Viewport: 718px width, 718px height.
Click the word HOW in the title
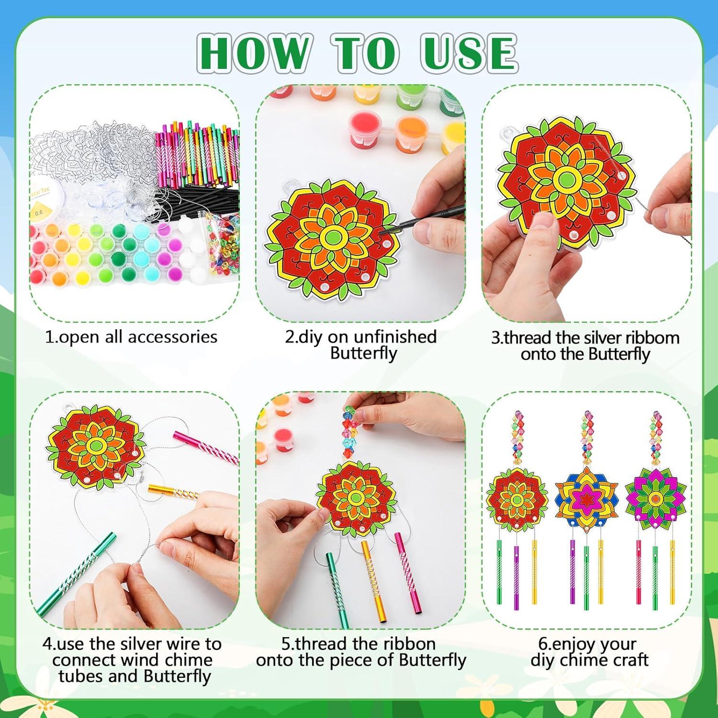(253, 53)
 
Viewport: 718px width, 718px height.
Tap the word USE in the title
(469, 53)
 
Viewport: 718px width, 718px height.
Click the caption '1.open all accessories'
(131, 337)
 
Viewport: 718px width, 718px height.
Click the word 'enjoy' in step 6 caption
(594, 644)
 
